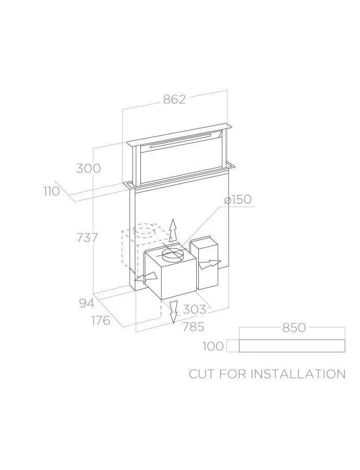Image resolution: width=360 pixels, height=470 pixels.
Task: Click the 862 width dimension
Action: click(x=174, y=99)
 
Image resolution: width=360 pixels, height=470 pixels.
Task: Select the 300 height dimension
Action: click(x=89, y=168)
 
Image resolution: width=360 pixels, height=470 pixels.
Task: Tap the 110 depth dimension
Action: click(x=52, y=191)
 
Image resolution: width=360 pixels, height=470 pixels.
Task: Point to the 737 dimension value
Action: click(x=88, y=238)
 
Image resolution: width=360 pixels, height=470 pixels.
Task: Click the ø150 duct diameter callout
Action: click(x=237, y=199)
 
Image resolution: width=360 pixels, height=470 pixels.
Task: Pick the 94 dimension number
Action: click(x=87, y=303)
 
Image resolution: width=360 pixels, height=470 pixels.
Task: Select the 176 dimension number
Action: click(x=101, y=321)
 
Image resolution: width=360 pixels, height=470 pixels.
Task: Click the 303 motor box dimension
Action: click(x=195, y=309)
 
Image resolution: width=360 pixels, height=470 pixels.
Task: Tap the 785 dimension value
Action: click(x=194, y=326)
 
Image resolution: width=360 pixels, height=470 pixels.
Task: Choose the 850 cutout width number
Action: click(x=294, y=327)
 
